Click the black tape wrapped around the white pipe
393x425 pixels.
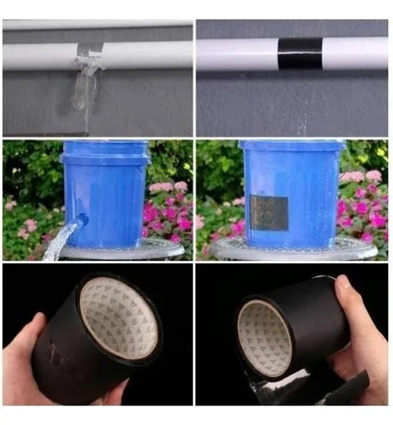(x=300, y=53)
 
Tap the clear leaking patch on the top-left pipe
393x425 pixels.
(x=90, y=57)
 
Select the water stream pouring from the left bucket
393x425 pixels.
(x=60, y=240)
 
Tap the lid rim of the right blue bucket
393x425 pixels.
(x=291, y=145)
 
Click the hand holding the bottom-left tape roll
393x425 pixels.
(x=20, y=369)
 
